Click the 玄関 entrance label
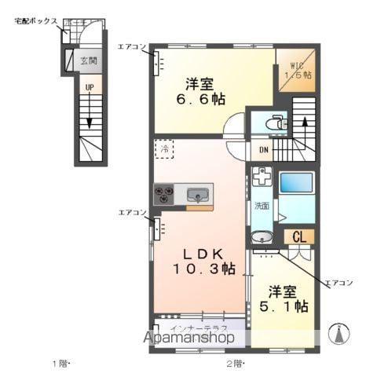[89, 60]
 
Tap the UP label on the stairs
[89, 89]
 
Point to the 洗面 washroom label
[262, 207]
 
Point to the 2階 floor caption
[236, 363]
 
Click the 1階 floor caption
[61, 363]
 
